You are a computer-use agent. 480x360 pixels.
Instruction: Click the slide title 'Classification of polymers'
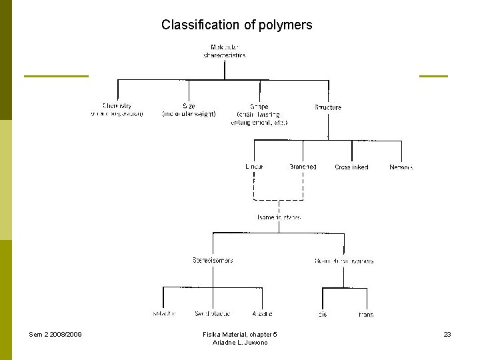click(x=237, y=25)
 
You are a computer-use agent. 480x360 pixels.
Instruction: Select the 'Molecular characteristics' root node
click(x=225, y=51)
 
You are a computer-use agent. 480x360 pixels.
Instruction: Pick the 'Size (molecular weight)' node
click(x=189, y=109)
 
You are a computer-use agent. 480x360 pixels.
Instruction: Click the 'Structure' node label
click(x=327, y=107)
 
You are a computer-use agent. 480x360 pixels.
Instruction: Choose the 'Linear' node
click(x=254, y=167)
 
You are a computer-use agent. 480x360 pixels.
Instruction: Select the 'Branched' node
click(x=303, y=167)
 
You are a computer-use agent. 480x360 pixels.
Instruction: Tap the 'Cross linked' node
click(x=352, y=167)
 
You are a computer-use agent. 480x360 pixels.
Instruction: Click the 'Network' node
click(x=401, y=167)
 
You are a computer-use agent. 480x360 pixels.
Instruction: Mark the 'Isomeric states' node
click(x=279, y=217)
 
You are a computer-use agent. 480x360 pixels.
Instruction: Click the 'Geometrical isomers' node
click(x=344, y=261)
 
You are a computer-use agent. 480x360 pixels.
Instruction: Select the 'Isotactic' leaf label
click(x=163, y=313)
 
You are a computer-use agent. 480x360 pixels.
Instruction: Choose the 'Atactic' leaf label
click(x=262, y=313)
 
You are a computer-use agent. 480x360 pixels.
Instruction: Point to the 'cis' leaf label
click(x=323, y=314)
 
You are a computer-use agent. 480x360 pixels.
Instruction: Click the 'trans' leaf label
click(x=366, y=314)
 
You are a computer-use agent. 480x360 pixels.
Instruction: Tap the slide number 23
click(x=447, y=334)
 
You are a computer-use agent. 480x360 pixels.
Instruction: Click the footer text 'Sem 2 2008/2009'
click(x=55, y=334)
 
